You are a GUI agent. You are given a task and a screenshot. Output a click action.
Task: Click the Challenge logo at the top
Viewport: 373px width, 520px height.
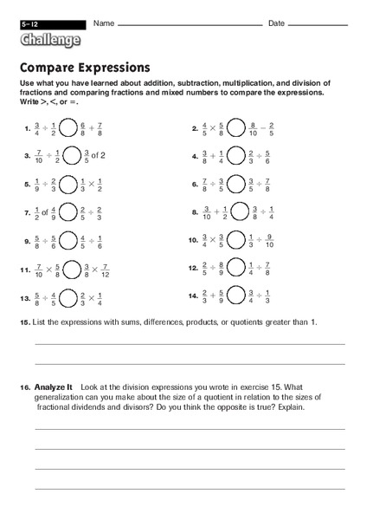tap(50, 39)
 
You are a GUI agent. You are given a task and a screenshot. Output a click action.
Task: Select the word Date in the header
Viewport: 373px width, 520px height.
tap(276, 23)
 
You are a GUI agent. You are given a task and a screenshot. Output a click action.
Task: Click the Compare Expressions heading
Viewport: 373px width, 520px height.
tap(84, 67)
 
